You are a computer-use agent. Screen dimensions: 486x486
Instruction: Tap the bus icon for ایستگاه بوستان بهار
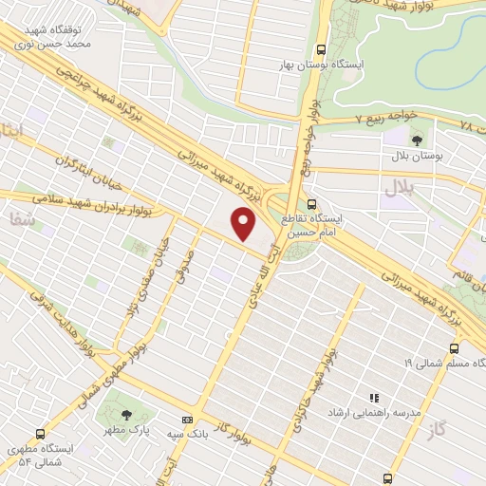click(x=321, y=48)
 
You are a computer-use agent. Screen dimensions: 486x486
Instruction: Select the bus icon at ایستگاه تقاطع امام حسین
click(x=313, y=204)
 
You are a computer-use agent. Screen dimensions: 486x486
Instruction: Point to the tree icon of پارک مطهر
click(x=126, y=414)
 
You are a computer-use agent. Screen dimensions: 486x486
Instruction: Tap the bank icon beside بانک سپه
click(x=188, y=419)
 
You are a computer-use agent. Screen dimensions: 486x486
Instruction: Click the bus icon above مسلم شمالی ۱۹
click(x=452, y=348)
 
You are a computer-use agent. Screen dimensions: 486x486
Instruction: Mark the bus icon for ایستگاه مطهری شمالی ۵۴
click(x=39, y=426)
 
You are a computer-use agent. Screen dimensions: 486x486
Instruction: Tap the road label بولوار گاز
click(x=249, y=401)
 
